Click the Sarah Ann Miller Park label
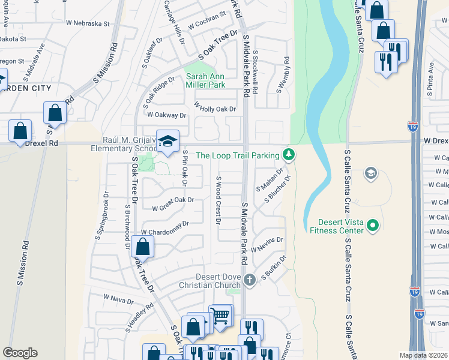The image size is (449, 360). tap(205, 81)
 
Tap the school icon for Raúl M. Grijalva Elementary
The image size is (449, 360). tap(168, 140)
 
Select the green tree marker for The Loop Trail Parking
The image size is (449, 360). tap(289, 155)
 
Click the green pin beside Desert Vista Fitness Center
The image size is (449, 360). tap(373, 226)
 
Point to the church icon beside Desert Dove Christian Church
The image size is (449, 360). tap(250, 280)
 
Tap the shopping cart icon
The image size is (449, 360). tap(220, 314)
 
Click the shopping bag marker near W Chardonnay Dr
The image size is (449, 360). tap(143, 246)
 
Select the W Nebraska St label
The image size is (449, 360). tap(88, 24)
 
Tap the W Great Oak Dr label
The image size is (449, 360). tap(173, 204)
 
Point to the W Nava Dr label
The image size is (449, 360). tap(118, 298)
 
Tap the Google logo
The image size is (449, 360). tap(20, 353)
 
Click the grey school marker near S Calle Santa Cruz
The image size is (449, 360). tap(371, 174)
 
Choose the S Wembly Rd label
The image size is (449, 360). tap(283, 75)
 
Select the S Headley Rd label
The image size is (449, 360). tap(139, 317)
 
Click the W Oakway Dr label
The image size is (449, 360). tap(166, 115)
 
